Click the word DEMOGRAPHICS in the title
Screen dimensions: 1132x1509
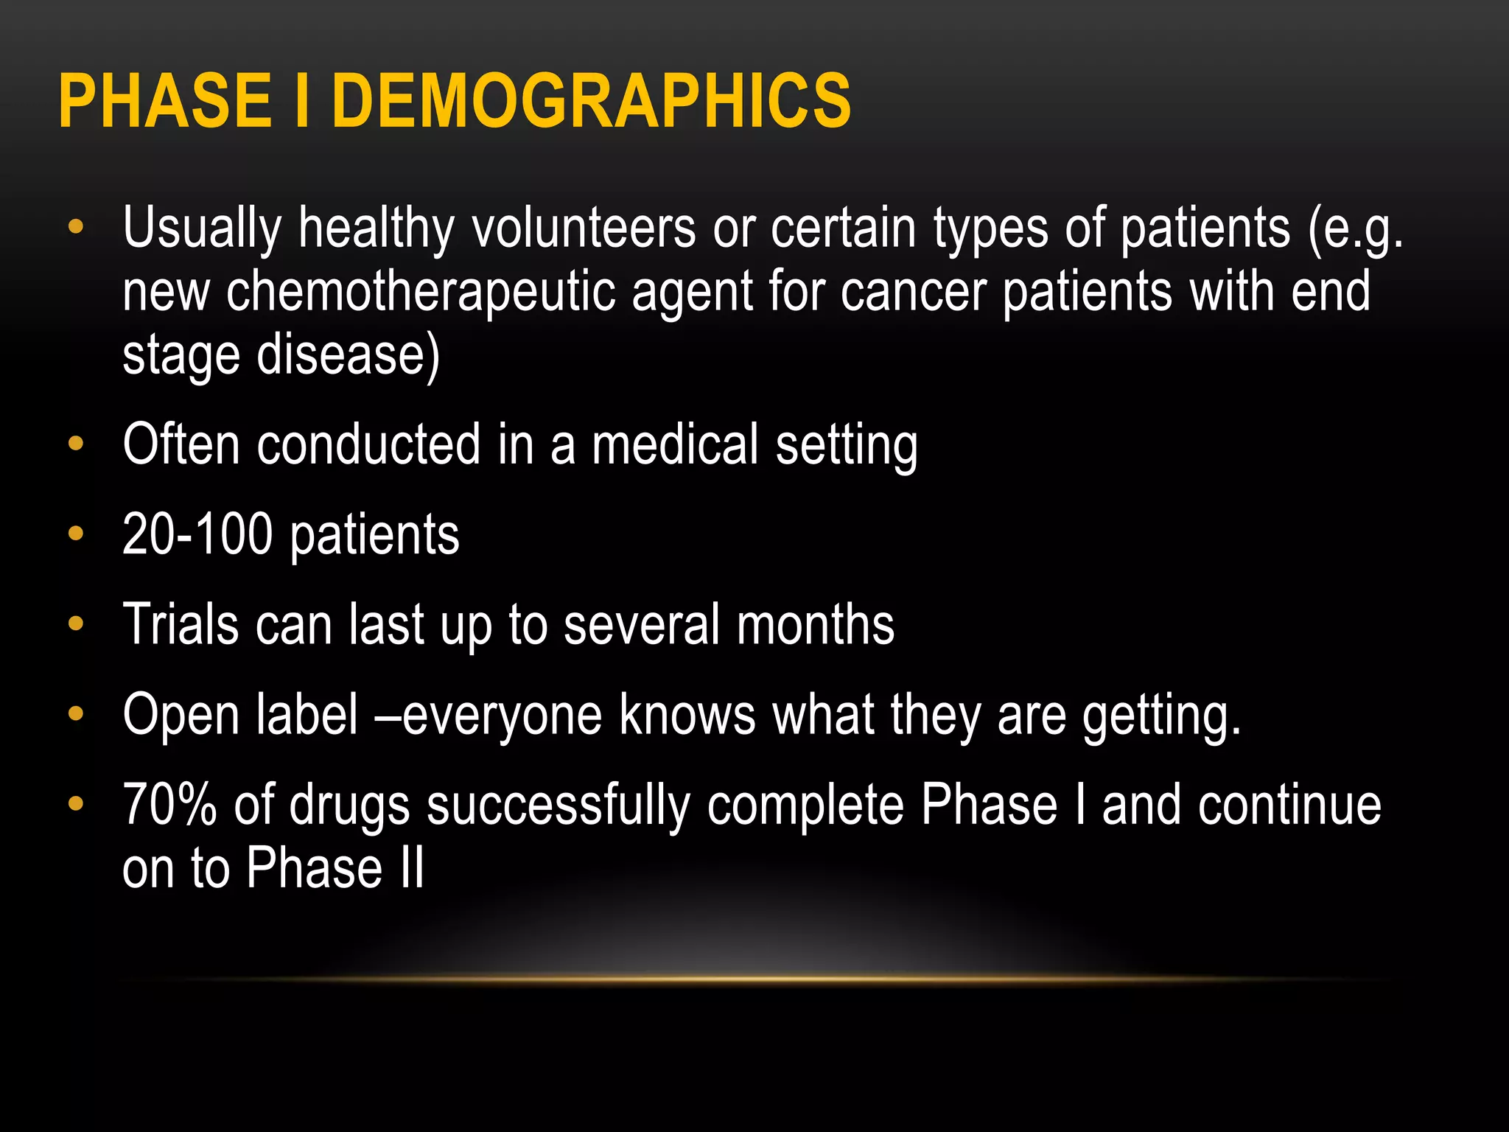(592, 101)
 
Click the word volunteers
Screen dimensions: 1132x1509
(584, 228)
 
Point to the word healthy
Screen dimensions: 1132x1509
(376, 229)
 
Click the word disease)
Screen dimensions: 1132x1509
(348, 356)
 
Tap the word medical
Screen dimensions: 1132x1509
(675, 445)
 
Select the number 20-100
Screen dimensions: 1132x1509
(197, 534)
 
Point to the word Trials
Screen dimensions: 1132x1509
(181, 625)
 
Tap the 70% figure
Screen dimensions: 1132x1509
(169, 805)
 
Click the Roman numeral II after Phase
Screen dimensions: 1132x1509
(413, 868)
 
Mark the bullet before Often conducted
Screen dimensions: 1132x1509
(76, 444)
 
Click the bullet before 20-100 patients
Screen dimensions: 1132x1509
(76, 533)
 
